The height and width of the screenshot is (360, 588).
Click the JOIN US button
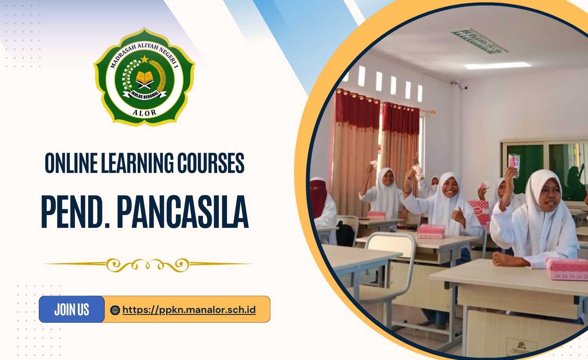(72, 309)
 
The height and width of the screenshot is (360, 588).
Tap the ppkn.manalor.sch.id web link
(189, 310)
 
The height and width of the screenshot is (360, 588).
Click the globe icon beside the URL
(115, 310)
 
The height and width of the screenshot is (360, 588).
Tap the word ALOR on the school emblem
(144, 113)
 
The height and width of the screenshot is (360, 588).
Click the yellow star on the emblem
(145, 59)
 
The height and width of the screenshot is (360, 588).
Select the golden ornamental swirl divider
(148, 265)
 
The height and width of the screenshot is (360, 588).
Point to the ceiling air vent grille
(479, 41)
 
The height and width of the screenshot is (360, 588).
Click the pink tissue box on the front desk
(568, 269)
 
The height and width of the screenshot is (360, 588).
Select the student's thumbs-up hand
(457, 216)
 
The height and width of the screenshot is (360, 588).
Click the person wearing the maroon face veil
(322, 207)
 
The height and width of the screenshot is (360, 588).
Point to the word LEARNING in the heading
(137, 163)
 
